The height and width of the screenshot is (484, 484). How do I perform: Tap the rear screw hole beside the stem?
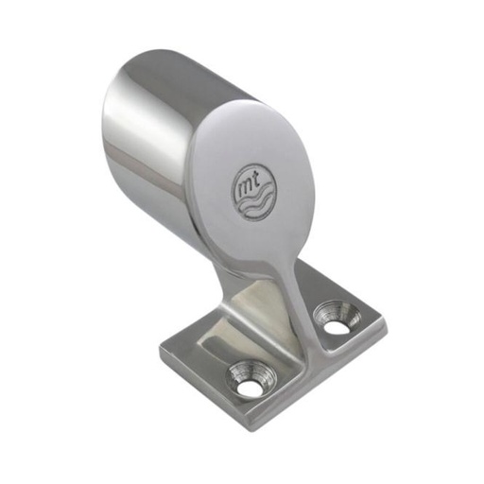tap(333, 317)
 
